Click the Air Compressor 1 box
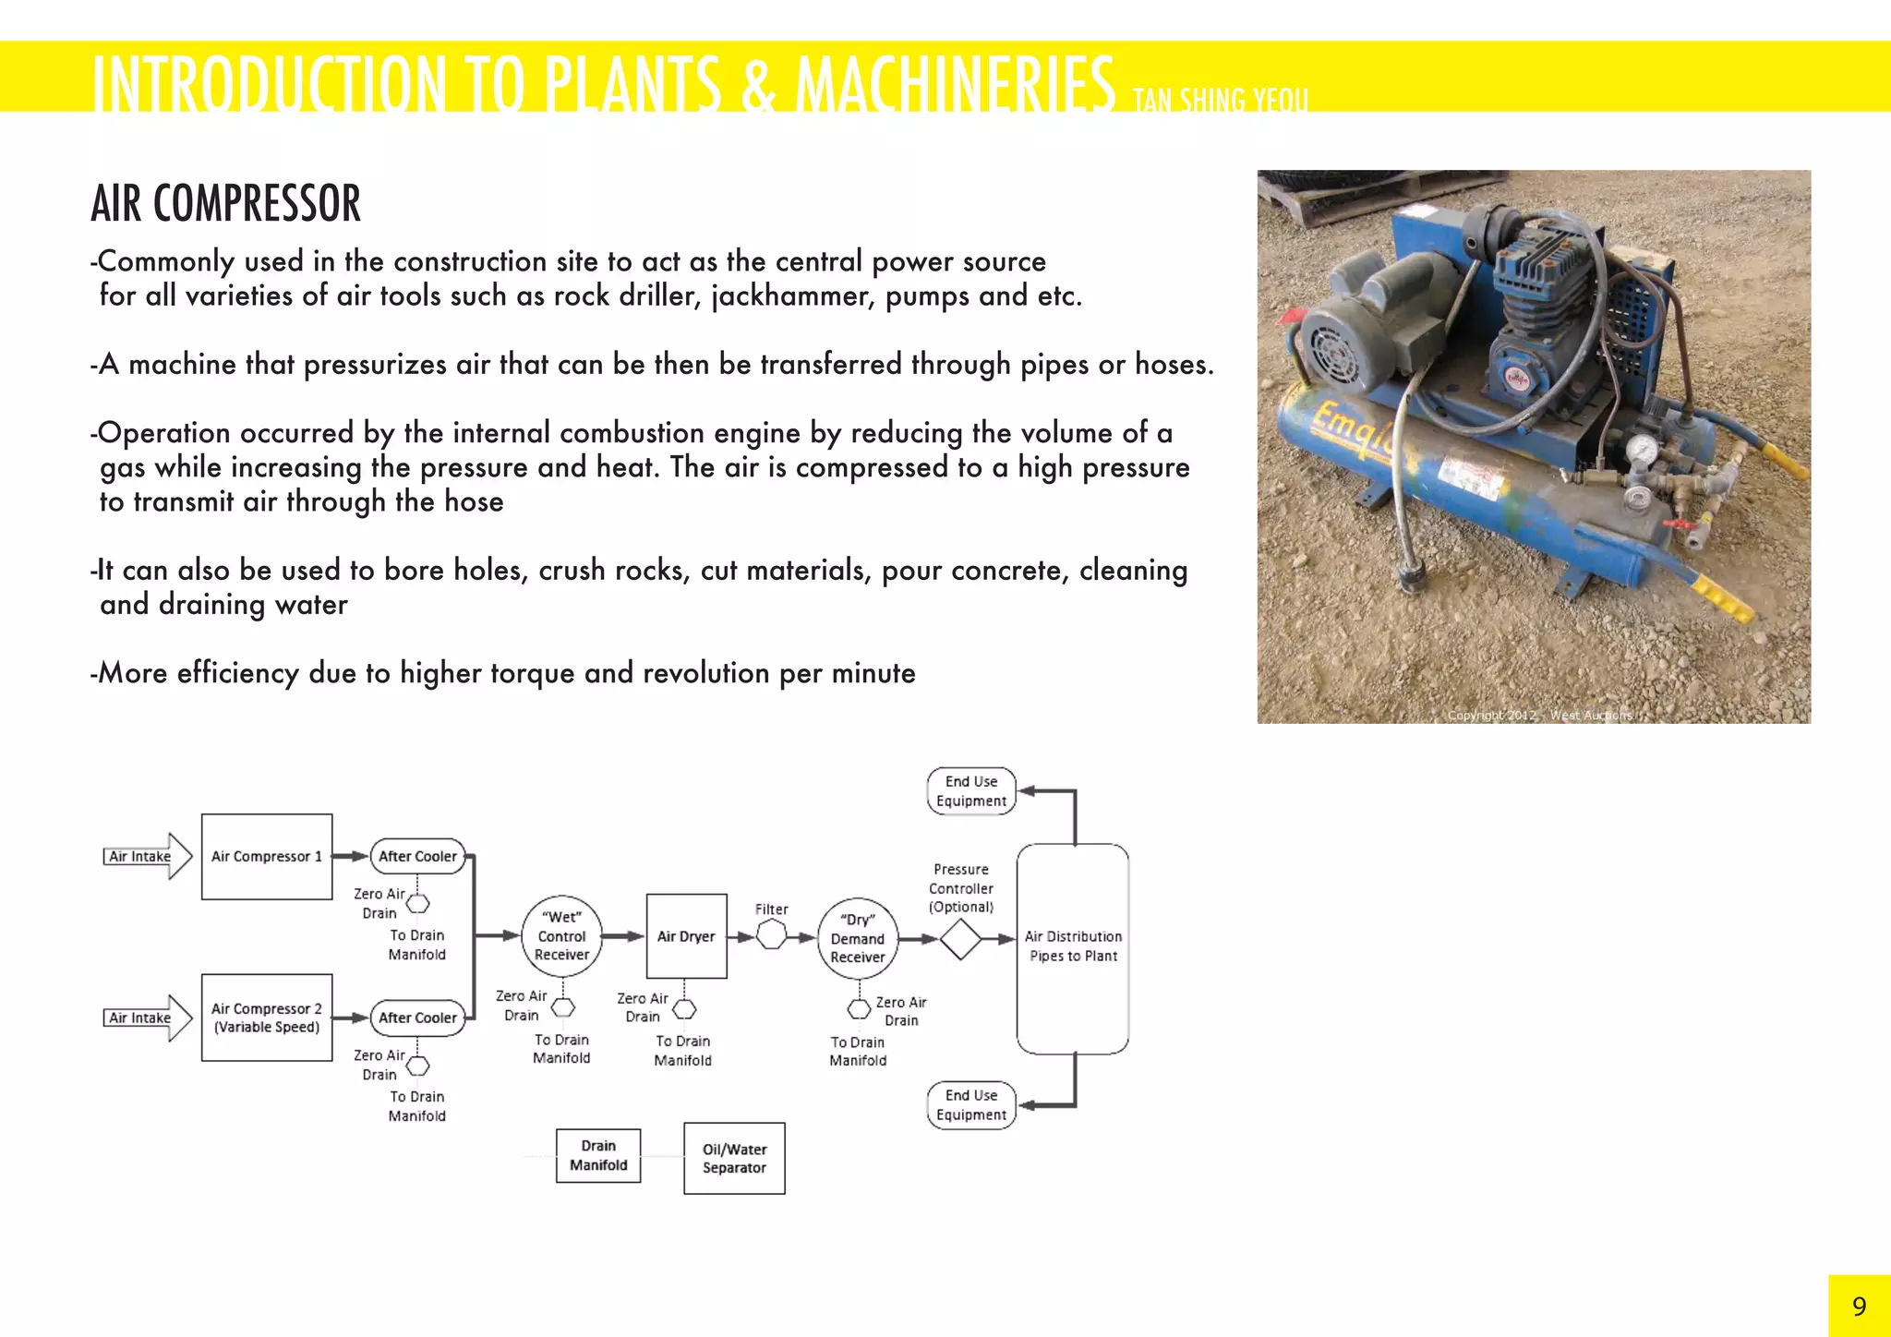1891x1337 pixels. (x=267, y=856)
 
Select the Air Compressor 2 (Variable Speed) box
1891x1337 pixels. (x=267, y=1017)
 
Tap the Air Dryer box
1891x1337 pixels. (x=686, y=936)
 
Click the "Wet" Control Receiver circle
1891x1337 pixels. (x=561, y=936)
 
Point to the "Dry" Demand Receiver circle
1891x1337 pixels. (x=858, y=938)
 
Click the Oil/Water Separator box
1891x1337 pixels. (x=734, y=1158)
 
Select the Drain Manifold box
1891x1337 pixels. (x=598, y=1155)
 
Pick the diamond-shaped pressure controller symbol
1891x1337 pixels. (x=960, y=939)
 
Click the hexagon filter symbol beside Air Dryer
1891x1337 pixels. (x=771, y=936)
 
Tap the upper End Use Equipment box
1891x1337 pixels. (x=971, y=791)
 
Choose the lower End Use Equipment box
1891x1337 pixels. (x=971, y=1105)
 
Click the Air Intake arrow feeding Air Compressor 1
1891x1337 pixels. (x=148, y=856)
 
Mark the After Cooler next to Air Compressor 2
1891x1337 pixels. (x=417, y=1018)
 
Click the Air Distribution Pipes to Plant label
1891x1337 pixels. (x=1073, y=946)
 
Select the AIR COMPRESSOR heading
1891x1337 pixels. (x=226, y=204)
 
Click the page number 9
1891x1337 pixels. (x=1859, y=1306)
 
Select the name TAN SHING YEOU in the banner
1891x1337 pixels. (x=1220, y=99)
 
